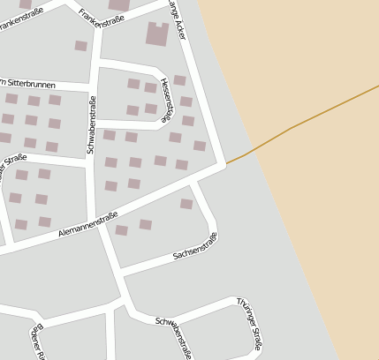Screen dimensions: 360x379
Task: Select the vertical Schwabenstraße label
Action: tap(92, 124)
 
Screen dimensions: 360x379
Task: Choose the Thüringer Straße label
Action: tap(249, 323)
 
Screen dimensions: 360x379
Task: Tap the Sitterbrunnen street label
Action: tap(28, 83)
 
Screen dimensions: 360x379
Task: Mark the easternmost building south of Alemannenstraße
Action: tap(186, 204)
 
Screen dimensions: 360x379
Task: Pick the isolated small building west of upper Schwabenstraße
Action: tap(81, 46)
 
